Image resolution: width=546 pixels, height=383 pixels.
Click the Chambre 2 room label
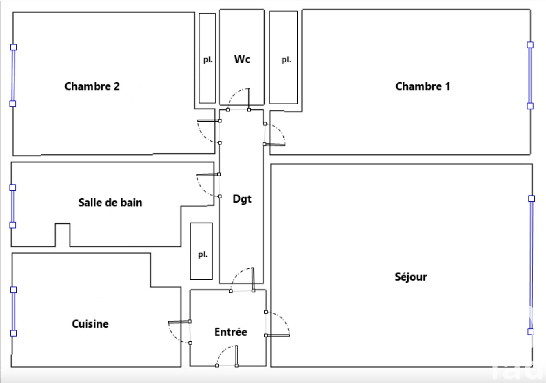coord(92,86)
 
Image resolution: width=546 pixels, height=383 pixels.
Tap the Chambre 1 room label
coord(423,86)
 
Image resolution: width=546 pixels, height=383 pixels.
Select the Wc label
coord(242,59)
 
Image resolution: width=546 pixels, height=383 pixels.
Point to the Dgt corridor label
coord(242,199)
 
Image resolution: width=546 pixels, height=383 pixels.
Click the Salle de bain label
coord(110,203)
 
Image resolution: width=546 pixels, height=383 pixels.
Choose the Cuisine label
coord(90,324)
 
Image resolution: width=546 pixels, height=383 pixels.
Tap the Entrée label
coord(231,332)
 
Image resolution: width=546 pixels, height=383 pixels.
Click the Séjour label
coord(411,277)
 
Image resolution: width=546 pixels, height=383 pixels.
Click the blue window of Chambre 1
coord(530,75)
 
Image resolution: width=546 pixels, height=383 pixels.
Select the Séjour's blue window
coord(531,265)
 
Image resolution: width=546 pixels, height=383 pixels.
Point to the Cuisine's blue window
coord(13,311)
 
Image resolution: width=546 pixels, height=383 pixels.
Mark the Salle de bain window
coord(13,206)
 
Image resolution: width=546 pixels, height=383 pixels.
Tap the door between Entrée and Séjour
coord(278,324)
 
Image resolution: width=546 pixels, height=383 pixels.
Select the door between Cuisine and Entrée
coord(179,332)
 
